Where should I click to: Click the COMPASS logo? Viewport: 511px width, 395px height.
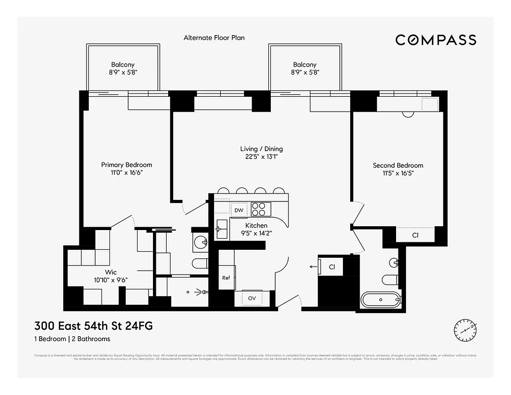point(436,40)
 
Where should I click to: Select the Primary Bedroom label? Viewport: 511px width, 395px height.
point(126,168)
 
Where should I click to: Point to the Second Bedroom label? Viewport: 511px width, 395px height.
point(398,169)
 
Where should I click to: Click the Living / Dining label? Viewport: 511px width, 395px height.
point(261,153)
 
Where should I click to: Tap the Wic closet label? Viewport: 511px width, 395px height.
point(110,276)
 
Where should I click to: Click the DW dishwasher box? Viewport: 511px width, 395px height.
point(239,210)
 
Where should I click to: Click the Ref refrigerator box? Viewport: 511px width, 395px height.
point(226,278)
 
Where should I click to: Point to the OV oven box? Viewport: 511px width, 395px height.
point(252,298)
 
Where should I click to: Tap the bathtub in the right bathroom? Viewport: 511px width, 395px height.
point(381,299)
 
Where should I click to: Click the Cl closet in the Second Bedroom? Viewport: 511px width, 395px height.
point(415,236)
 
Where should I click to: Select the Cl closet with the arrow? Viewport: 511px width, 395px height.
point(332,267)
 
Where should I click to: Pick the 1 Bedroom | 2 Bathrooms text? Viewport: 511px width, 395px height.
point(72,339)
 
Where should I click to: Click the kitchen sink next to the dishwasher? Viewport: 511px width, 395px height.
point(221,229)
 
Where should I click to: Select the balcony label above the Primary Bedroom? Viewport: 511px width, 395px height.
point(123,68)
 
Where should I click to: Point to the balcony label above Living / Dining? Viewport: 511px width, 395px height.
point(304,68)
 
